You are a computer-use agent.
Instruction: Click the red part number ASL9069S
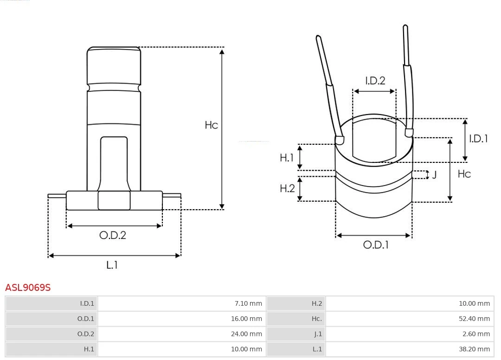[28, 288]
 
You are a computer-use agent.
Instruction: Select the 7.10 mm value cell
[248, 304]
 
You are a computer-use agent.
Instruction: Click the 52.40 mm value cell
[474, 319]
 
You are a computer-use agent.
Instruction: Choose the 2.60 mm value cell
[476, 334]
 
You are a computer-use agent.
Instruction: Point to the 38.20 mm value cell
[474, 349]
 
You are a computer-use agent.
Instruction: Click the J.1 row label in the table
[317, 334]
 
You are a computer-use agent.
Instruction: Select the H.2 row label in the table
[317, 304]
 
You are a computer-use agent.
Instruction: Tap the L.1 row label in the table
[317, 349]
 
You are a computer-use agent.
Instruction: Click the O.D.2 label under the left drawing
[113, 235]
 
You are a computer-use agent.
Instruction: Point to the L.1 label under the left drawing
[112, 265]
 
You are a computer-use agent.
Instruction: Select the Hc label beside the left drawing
[212, 125]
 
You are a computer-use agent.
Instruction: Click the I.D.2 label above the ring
[375, 81]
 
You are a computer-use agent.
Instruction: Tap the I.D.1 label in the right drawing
[478, 138]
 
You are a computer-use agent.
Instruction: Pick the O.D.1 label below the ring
[375, 245]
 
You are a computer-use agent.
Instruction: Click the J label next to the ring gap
[434, 175]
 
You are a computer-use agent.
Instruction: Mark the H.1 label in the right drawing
[287, 158]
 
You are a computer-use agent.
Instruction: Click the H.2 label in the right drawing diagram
[287, 188]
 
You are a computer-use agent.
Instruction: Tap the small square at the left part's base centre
[114, 200]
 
